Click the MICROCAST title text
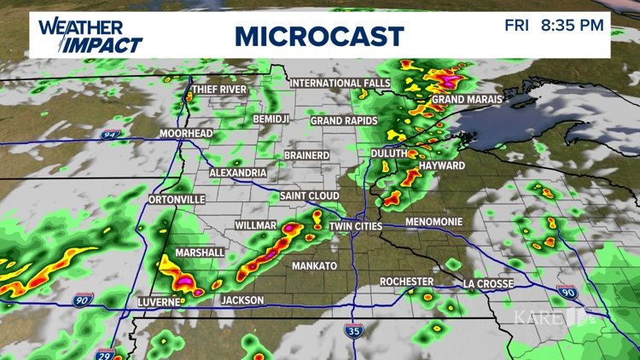coord(319,36)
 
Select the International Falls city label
coord(340,83)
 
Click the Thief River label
coord(219,90)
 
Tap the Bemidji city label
coord(274,119)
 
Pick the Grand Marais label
coord(466,100)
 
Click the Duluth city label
coord(388,153)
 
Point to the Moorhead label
coord(185,134)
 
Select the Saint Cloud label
coord(310,196)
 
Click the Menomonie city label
coord(433,222)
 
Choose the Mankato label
coord(314,266)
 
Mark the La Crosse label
coord(488,283)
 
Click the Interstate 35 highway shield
coord(353,330)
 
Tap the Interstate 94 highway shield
coord(110,135)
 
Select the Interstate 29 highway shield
coord(106,352)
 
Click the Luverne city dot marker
coord(183,300)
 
